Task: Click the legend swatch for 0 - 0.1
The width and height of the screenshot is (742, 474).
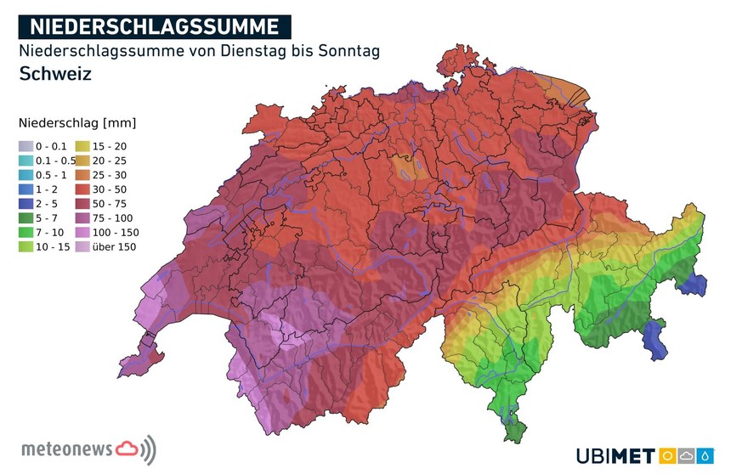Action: [x=26, y=147]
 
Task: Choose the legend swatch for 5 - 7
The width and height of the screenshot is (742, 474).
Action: [x=26, y=217]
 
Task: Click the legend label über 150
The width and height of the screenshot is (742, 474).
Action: [x=114, y=246]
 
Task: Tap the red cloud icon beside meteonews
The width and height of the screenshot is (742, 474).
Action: [x=127, y=447]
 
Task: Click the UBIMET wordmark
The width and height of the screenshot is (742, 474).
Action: [x=613, y=456]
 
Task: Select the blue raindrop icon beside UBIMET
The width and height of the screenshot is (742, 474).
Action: [x=705, y=456]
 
